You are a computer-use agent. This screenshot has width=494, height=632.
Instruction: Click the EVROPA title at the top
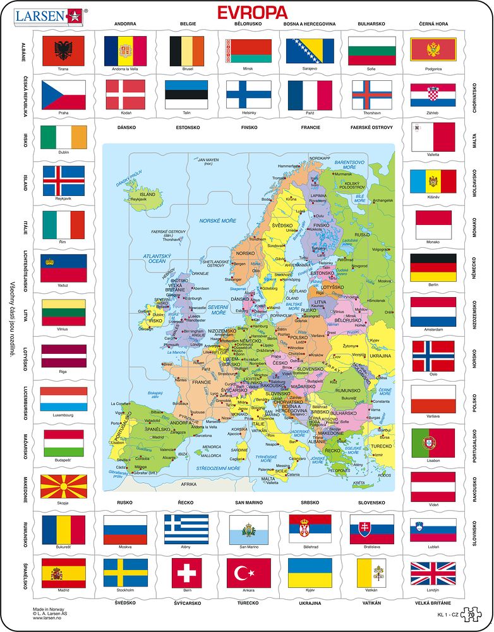click(252, 12)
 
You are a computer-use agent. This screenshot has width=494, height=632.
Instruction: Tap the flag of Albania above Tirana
click(63, 51)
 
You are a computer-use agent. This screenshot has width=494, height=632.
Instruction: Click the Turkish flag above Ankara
click(248, 573)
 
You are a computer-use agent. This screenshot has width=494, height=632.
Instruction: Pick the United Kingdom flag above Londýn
click(433, 573)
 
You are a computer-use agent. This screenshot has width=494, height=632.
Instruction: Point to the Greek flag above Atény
click(186, 529)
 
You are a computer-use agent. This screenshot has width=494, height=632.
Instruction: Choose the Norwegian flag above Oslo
click(433, 356)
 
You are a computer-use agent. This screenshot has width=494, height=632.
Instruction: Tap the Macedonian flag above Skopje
click(63, 487)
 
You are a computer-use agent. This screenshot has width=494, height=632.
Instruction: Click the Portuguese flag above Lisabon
click(433, 443)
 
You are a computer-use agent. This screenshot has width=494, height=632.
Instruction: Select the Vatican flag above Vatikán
click(371, 573)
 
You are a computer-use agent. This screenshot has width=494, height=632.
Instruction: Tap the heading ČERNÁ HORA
click(433, 24)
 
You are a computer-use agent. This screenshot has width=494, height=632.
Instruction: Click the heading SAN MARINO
click(248, 502)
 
